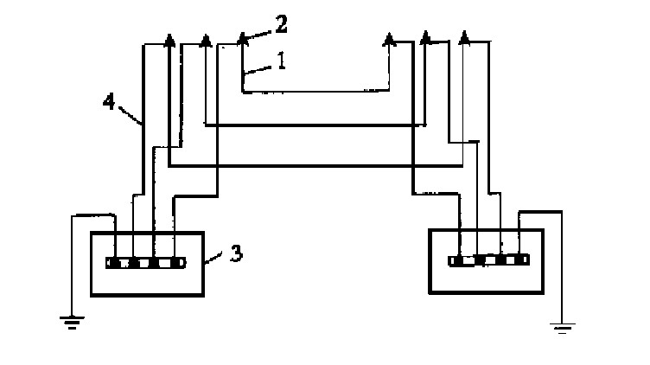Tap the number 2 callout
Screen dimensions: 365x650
281,23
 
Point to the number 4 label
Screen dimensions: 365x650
108,101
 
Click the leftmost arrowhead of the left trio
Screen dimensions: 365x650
169,39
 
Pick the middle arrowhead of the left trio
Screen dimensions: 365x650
205,39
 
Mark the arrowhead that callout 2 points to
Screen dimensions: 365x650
243,38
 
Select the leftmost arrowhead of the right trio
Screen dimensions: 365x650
389,39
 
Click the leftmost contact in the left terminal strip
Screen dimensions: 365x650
112,263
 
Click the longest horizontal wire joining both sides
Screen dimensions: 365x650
315,165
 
